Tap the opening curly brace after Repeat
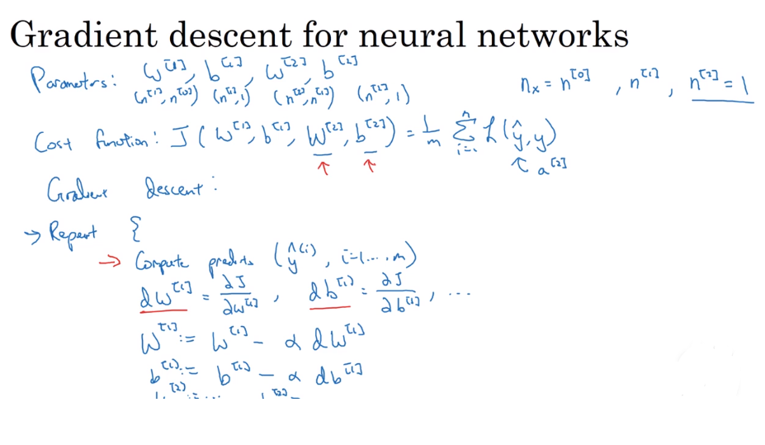(135, 231)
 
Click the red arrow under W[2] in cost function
(324, 168)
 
